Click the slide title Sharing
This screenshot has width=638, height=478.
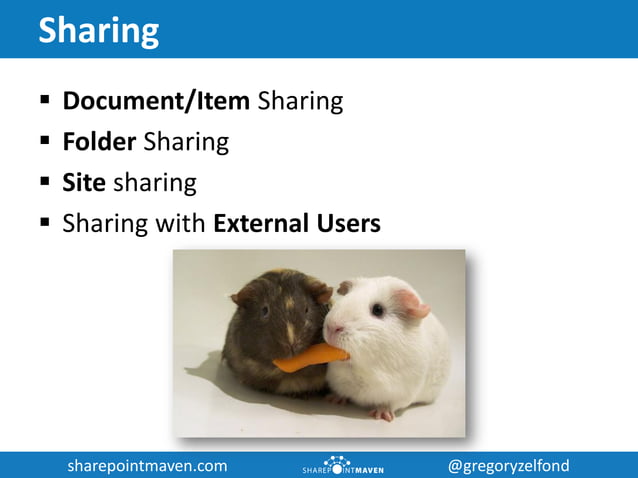coord(98,30)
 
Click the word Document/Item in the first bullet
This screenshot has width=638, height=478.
coord(156,101)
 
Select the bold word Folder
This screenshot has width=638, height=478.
coord(99,142)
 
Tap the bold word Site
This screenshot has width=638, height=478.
coord(84,183)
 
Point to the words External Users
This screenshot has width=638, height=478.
coord(297,223)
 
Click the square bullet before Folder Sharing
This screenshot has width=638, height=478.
coord(46,142)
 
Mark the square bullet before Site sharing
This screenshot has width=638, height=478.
coord(46,183)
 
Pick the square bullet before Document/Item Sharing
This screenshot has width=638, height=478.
coord(46,101)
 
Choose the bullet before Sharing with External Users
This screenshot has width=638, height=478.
coord(46,223)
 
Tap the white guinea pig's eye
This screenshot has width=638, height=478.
coord(378,310)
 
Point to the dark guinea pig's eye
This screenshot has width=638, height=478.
coord(264,311)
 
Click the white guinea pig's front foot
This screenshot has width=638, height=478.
coord(382,412)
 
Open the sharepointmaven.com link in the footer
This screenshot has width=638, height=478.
coord(147,465)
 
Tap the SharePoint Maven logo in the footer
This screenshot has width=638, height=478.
coord(342,465)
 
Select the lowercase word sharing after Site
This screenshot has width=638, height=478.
coord(154,183)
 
